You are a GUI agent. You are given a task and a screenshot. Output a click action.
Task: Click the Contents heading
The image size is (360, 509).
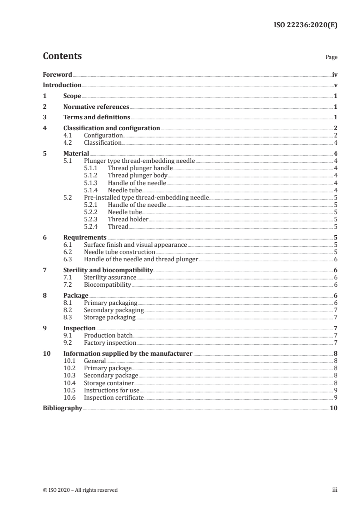click(x=62, y=56)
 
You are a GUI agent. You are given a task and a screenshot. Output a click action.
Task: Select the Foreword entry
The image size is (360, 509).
click(x=57, y=74)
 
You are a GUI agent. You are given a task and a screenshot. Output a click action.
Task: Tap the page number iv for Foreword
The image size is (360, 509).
click(x=335, y=74)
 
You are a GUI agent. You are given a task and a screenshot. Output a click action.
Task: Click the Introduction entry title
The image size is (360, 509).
click(x=62, y=85)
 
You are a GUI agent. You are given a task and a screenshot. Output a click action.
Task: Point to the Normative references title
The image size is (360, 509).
click(x=96, y=107)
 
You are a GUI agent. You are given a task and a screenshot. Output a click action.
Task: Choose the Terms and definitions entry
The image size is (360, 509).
click(x=97, y=117)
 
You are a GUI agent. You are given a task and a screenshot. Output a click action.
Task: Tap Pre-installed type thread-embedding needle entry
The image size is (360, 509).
click(x=146, y=197)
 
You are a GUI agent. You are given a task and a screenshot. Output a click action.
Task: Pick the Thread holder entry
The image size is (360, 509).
click(x=128, y=219)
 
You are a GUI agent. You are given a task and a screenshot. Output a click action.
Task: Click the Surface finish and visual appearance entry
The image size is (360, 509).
click(x=135, y=245)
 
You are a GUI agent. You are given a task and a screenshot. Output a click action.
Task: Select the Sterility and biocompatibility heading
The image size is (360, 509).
click(x=108, y=270)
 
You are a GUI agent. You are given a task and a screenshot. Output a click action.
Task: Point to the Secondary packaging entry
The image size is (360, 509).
click(x=113, y=310)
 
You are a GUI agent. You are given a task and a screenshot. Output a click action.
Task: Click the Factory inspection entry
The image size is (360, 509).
click(x=110, y=343)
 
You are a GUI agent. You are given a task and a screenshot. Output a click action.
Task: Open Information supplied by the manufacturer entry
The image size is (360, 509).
click(x=128, y=353)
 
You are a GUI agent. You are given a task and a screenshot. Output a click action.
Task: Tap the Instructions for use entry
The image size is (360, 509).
click(x=112, y=390)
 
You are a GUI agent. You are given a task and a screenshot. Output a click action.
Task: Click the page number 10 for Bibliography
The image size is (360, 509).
click(x=334, y=408)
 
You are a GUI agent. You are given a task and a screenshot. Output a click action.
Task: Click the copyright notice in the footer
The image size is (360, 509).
click(x=80, y=490)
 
